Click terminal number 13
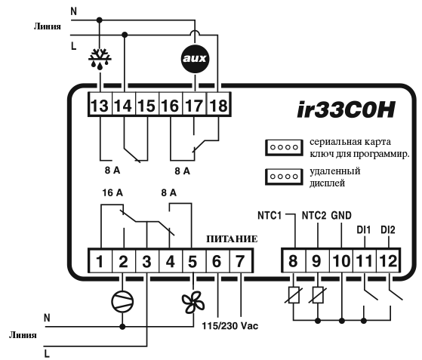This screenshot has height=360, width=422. click(x=100, y=105)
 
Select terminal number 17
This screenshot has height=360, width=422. click(x=194, y=105)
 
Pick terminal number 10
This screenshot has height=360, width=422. click(x=341, y=261)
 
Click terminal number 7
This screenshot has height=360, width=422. click(x=241, y=261)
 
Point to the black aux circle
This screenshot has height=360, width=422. click(x=195, y=58)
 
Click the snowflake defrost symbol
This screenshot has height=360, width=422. click(x=100, y=59)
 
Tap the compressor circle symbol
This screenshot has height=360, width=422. click(x=123, y=301)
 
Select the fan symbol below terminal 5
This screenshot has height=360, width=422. click(x=193, y=302)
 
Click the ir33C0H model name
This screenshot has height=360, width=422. click(x=346, y=110)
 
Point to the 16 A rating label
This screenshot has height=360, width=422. click(x=112, y=193)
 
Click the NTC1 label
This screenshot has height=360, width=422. click(x=270, y=216)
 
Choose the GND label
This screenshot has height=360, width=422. click(x=341, y=216)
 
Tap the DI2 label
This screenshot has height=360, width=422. click(x=388, y=230)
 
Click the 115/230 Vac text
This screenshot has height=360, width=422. click(x=230, y=326)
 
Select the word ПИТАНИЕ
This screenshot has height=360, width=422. click(x=232, y=239)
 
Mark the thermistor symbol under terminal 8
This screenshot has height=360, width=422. click(x=294, y=295)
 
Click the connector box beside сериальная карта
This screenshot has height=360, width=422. click(x=284, y=147)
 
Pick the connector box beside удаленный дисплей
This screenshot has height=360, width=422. click(x=284, y=177)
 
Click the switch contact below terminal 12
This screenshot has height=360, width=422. click(x=395, y=294)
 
